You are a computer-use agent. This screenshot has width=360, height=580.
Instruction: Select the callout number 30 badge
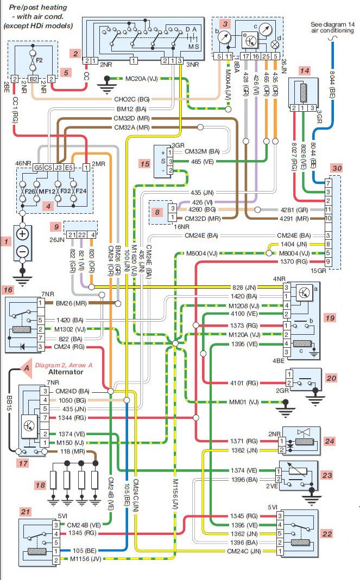[x=337, y=169]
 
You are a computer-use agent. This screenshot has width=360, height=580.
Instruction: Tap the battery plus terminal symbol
[x=22, y=234]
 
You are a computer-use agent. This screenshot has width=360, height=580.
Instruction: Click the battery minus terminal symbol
[x=22, y=252]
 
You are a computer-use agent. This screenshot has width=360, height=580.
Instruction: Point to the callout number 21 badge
[x=25, y=512]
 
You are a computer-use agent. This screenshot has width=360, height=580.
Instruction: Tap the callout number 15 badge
[x=143, y=163]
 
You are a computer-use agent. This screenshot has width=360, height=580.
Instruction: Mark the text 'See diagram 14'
[x=332, y=24]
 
